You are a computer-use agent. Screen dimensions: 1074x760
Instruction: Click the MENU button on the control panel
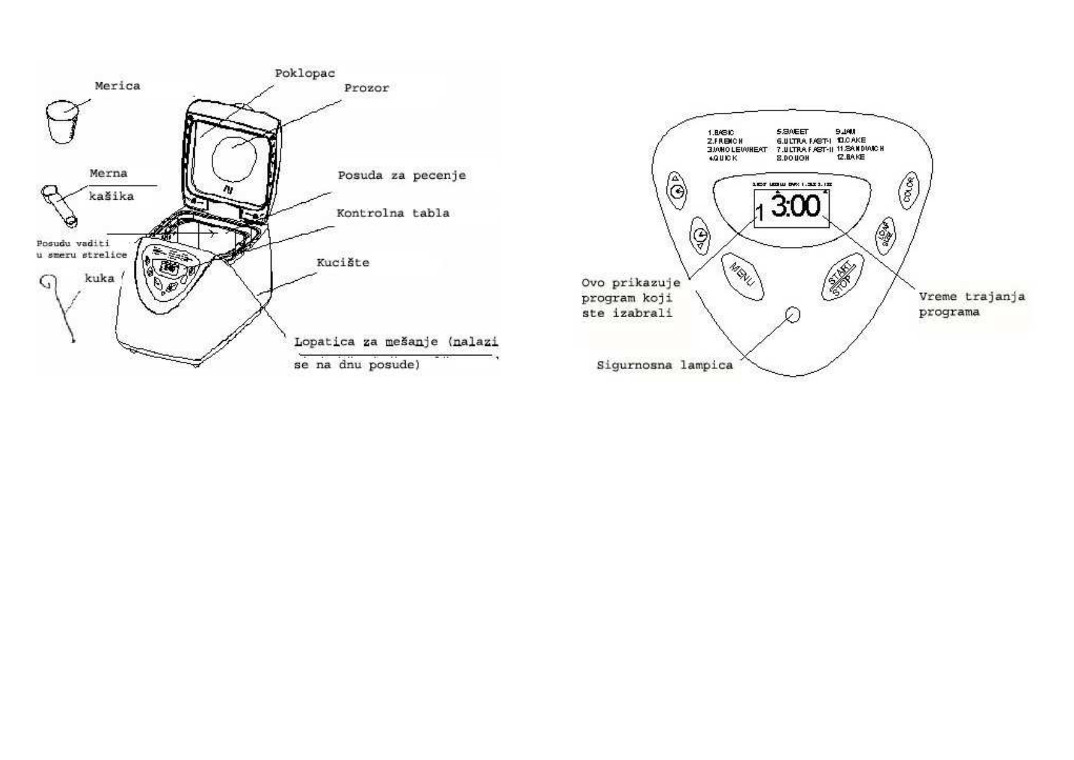(x=742, y=276)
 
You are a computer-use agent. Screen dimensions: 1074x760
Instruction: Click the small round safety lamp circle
(x=793, y=315)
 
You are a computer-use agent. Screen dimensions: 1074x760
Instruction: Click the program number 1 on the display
(x=759, y=213)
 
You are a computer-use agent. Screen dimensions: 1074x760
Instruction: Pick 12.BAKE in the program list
(x=851, y=157)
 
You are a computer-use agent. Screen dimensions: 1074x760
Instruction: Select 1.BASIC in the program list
(x=721, y=133)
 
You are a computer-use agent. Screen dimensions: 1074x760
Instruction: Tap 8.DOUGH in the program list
(x=793, y=158)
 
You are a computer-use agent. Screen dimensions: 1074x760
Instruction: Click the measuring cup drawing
(x=63, y=121)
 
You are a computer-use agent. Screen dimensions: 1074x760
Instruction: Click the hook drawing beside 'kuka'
(x=61, y=306)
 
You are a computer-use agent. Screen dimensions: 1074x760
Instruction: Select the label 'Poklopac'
(x=305, y=73)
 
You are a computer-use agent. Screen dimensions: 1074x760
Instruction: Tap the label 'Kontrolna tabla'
(x=393, y=213)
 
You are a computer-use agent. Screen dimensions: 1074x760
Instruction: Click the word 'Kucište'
(x=343, y=262)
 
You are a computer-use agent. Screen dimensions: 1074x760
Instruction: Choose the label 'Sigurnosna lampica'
(x=665, y=366)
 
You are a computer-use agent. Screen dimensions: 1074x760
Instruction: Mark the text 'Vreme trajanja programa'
(x=971, y=304)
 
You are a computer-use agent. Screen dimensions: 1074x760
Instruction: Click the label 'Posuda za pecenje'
(x=402, y=175)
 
